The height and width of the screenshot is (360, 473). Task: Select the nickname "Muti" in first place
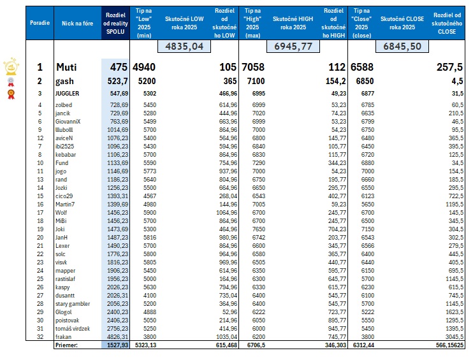pyautogui.click(x=68, y=67)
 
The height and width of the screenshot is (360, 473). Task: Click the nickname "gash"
pyautogui.click(x=66, y=81)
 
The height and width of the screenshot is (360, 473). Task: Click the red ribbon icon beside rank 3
pyautogui.click(x=11, y=94)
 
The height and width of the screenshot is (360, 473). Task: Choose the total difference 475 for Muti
pyautogui.click(x=120, y=67)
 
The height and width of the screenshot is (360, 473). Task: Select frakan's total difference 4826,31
pyautogui.click(x=119, y=336)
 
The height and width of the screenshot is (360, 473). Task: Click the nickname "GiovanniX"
pyautogui.click(x=71, y=120)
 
